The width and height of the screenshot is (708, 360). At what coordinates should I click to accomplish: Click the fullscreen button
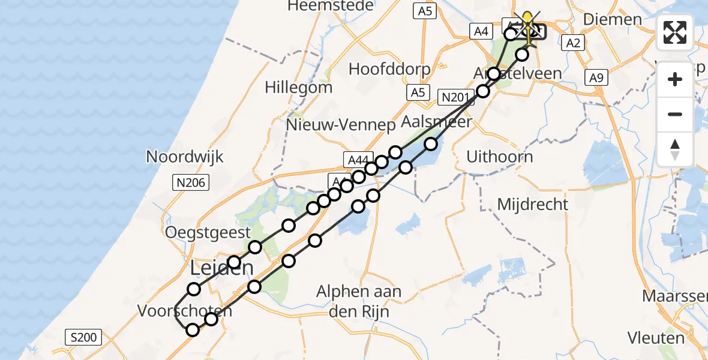(675, 32)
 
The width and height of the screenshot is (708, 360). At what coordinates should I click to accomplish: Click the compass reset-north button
(675, 149)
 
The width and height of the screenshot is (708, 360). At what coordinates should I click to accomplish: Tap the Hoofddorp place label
(389, 69)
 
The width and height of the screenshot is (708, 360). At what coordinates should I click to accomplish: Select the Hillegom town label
(299, 88)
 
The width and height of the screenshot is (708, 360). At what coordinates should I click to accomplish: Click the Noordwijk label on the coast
(185, 157)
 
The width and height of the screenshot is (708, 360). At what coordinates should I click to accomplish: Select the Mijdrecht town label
(533, 205)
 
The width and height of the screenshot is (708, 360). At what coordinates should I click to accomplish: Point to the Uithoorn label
(500, 158)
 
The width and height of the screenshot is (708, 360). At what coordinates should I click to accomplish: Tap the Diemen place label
(611, 19)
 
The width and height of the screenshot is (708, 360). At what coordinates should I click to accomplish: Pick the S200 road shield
(83, 338)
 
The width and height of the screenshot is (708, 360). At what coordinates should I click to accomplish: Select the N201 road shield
(453, 97)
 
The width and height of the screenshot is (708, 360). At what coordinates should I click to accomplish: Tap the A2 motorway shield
(572, 42)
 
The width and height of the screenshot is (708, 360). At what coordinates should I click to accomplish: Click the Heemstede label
(331, 6)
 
